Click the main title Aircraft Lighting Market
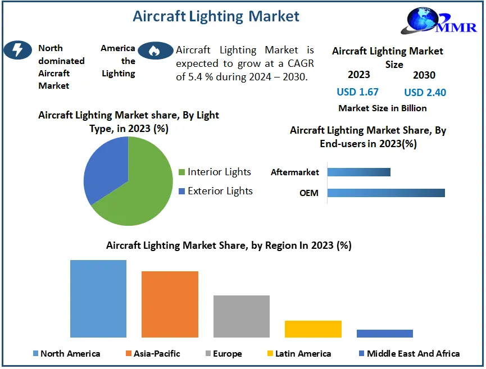[x=216, y=16]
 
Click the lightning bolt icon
[x=17, y=50]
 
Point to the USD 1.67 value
[x=357, y=92]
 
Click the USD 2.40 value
[x=425, y=92]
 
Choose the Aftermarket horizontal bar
[x=358, y=172]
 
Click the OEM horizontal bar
[x=386, y=193]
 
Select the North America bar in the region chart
[x=98, y=298]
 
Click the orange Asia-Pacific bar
[x=170, y=304]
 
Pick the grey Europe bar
[x=242, y=316]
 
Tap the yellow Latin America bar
[x=313, y=329]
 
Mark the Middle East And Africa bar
[x=384, y=334]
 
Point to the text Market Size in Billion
[x=382, y=108]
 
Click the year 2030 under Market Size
[x=424, y=75]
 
